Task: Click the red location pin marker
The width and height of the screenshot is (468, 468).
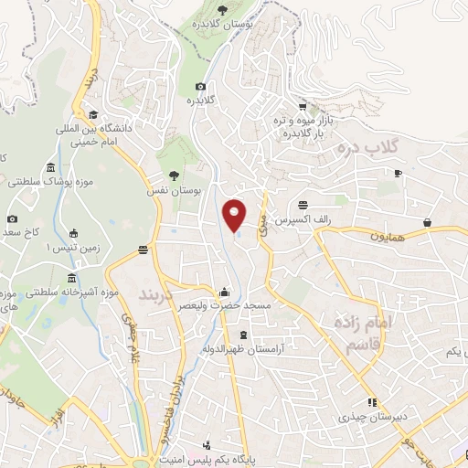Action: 235,214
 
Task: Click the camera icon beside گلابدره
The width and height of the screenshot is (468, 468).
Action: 201,87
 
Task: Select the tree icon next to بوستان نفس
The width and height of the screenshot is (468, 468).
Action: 174,175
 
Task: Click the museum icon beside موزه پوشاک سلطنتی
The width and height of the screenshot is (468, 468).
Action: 48,171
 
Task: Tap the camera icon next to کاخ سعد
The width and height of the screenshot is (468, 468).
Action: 12,219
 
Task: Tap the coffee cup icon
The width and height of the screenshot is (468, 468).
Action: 398,172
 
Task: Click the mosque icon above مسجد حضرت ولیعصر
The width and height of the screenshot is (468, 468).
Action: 225,292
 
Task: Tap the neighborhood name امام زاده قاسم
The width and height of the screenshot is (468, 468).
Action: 351,335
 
